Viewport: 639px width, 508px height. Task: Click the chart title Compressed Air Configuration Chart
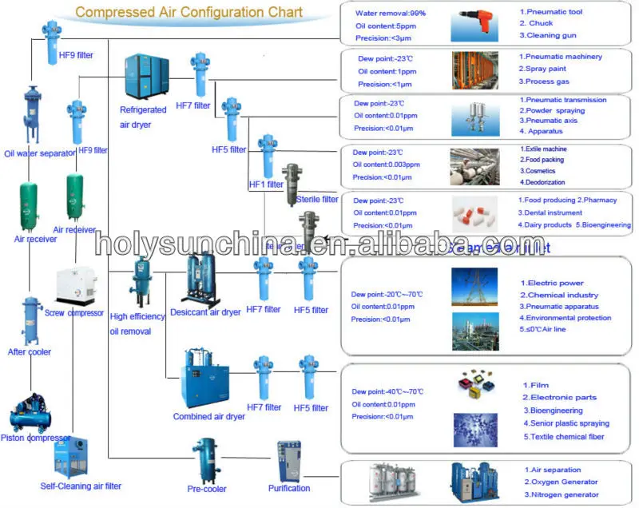coord(189,12)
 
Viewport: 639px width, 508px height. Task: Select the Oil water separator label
coord(39,153)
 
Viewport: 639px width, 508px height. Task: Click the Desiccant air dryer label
coord(205,312)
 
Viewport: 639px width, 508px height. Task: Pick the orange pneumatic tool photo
coord(476,24)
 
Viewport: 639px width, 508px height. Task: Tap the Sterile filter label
coord(317,199)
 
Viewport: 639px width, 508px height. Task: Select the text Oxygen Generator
coord(561,482)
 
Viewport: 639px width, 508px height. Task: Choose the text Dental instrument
coord(554,213)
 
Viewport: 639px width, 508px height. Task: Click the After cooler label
coord(30,352)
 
